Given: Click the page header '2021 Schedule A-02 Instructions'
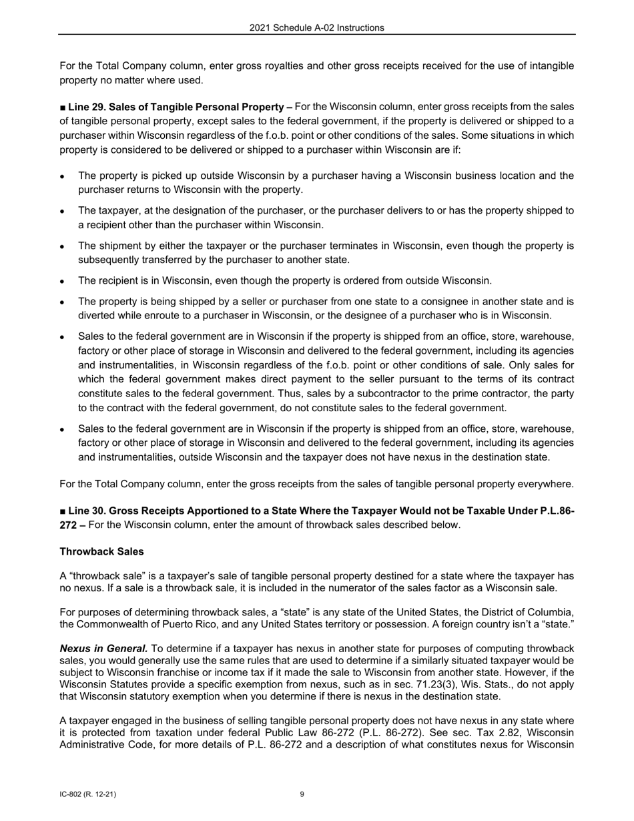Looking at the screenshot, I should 316,28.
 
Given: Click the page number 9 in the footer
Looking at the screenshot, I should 302,794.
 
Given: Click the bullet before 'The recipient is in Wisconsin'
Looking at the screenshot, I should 62,281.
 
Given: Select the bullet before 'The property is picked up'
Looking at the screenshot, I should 62,176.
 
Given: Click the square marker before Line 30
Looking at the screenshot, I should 63,511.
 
